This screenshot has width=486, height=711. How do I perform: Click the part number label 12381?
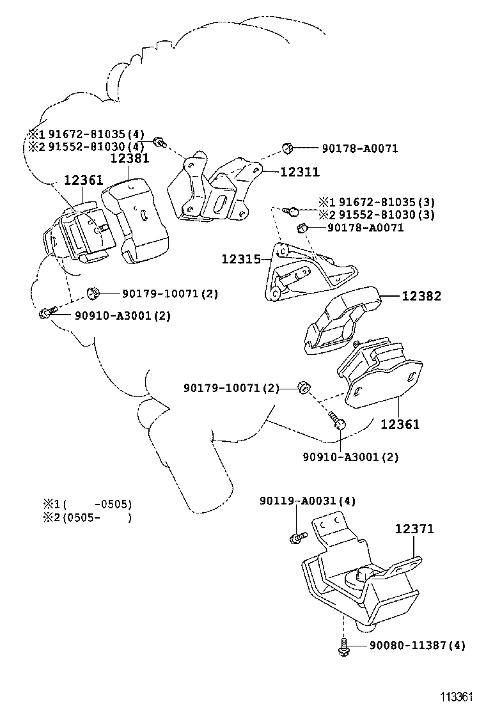(132, 157)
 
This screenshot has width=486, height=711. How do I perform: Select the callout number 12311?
(299, 172)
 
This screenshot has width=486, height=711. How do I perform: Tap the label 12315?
(241, 259)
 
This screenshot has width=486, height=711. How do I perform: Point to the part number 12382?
(421, 296)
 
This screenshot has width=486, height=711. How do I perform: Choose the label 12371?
(414, 529)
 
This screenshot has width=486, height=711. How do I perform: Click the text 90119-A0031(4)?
(307, 501)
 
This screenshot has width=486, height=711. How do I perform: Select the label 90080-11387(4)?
(417, 645)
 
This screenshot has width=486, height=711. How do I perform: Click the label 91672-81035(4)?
(94, 134)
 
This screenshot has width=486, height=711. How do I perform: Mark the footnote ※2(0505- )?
(88, 517)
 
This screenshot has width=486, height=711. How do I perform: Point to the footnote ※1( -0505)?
(88, 504)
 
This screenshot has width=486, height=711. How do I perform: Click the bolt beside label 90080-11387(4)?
(343, 646)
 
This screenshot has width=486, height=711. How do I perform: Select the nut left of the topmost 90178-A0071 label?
(288, 149)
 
